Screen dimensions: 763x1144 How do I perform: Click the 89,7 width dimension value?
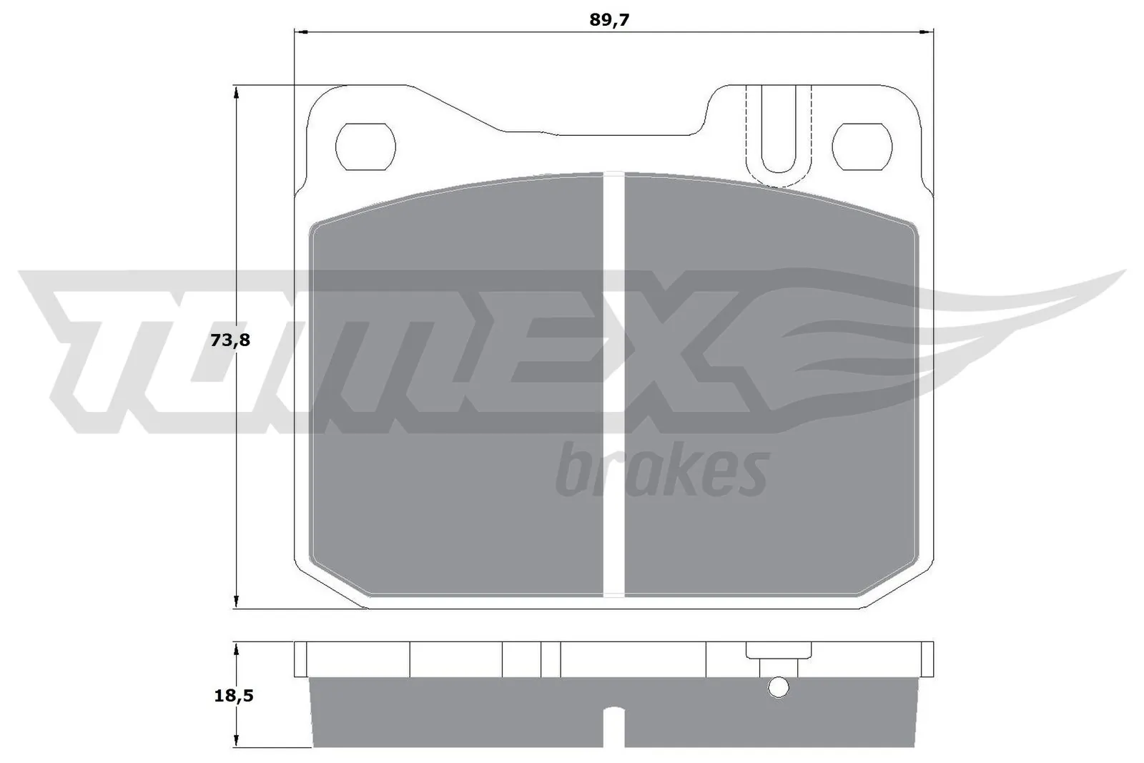click(x=608, y=20)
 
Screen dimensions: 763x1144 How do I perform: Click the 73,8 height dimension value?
click(x=230, y=340)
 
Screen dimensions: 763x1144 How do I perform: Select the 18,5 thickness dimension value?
click(x=234, y=695)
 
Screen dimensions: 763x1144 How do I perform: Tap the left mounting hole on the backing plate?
click(x=365, y=146)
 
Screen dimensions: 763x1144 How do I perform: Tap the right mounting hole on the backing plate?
click(x=862, y=146)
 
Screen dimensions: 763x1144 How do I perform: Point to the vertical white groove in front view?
click(x=614, y=386)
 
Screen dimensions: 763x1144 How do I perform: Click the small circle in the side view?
click(x=778, y=688)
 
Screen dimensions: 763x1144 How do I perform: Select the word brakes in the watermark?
click(x=661, y=471)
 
